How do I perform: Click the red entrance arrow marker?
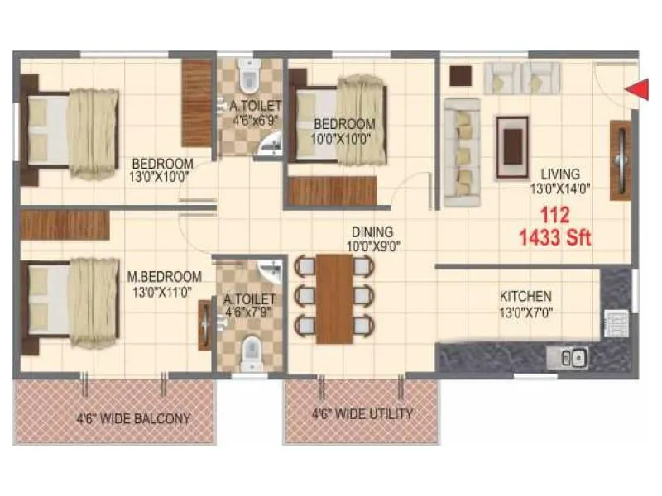(635, 89)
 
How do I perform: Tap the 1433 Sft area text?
(554, 240)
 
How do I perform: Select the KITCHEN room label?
(525, 296)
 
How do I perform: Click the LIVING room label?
(560, 174)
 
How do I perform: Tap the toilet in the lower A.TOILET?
(247, 355)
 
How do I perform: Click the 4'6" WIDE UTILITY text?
(362, 413)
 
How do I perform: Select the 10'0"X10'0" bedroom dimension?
(348, 138)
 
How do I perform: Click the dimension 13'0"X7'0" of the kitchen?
(525, 313)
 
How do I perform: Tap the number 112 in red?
(554, 217)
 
